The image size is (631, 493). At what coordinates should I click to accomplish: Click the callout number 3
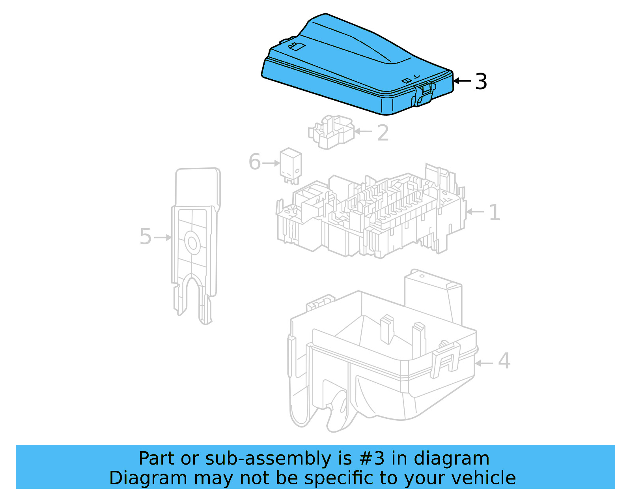click(481, 82)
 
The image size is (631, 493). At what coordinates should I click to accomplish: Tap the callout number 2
click(383, 133)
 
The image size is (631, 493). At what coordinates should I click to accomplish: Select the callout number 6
click(255, 162)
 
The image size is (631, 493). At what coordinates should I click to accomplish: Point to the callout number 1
click(494, 213)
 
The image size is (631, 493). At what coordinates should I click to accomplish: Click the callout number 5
click(146, 237)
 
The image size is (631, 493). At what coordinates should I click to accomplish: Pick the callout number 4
click(504, 361)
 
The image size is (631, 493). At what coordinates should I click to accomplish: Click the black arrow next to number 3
click(462, 81)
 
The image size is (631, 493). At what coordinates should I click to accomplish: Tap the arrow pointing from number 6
click(271, 163)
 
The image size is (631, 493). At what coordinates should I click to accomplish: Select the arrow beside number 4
click(484, 363)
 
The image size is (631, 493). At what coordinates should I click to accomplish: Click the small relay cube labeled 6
click(291, 165)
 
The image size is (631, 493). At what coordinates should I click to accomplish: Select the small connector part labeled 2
click(330, 132)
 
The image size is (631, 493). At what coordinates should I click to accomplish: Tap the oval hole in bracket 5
click(192, 243)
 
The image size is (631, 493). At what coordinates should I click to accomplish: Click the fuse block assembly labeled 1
click(371, 215)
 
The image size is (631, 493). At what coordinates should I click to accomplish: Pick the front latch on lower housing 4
click(446, 360)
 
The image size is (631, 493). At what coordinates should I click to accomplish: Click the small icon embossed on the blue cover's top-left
click(297, 47)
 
